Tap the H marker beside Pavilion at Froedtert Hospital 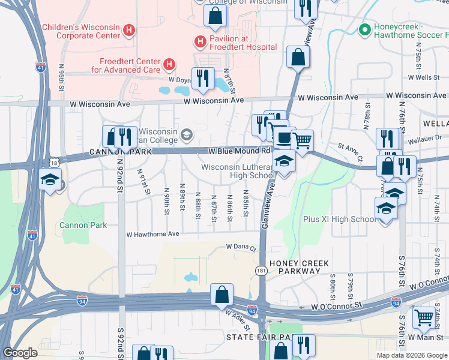coord(199,41)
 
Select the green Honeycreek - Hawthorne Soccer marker coord(363,29)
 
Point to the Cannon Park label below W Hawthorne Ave coord(83,225)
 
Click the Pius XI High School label coord(340,220)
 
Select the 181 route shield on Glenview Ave coord(262,271)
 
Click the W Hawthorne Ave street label coord(152,234)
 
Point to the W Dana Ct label coord(241,247)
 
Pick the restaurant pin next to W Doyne coord(203,79)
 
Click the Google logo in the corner coord(20,353)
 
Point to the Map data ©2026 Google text coord(412,355)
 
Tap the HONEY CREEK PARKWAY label coord(295,267)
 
